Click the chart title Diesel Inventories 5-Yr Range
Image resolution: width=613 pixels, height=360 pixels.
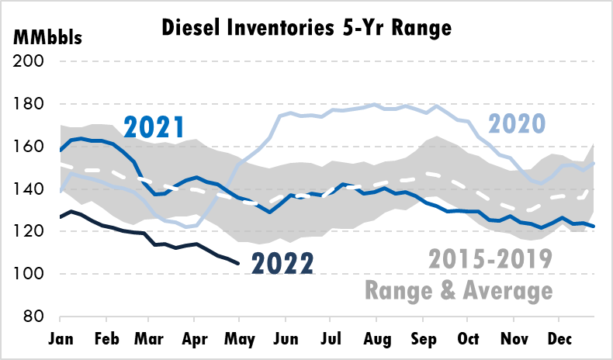click(x=306, y=29)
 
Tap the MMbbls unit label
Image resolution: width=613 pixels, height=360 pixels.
click(x=47, y=37)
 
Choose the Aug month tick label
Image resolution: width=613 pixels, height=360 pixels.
click(x=376, y=339)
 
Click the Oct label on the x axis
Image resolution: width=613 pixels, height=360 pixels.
click(x=467, y=339)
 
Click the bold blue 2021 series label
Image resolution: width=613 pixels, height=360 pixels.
click(x=154, y=126)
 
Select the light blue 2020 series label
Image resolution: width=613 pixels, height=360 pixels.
click(x=517, y=122)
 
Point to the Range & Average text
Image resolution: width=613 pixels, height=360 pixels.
click(x=459, y=291)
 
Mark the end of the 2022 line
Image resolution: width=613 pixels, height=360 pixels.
click(x=237, y=264)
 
